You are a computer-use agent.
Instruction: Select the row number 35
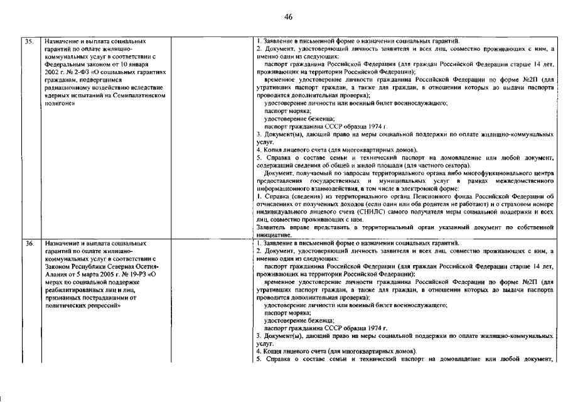pos(29,41)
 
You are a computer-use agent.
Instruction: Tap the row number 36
pos(29,242)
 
